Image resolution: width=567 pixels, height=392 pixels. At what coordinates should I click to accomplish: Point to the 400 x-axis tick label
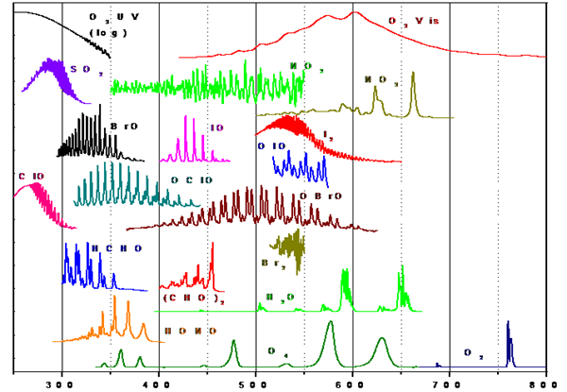coord(159,384)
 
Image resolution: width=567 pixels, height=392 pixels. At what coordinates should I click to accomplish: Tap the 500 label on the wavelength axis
coord(256,384)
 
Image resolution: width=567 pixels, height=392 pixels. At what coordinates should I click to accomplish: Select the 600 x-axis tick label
coord(352,384)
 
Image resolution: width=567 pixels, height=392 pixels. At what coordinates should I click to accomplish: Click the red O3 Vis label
coord(414,20)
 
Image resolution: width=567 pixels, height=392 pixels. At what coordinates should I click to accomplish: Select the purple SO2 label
coord(81,69)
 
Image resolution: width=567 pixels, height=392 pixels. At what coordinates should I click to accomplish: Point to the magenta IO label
coord(216,127)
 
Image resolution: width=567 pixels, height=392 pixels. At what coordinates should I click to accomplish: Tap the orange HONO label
coord(182,331)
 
